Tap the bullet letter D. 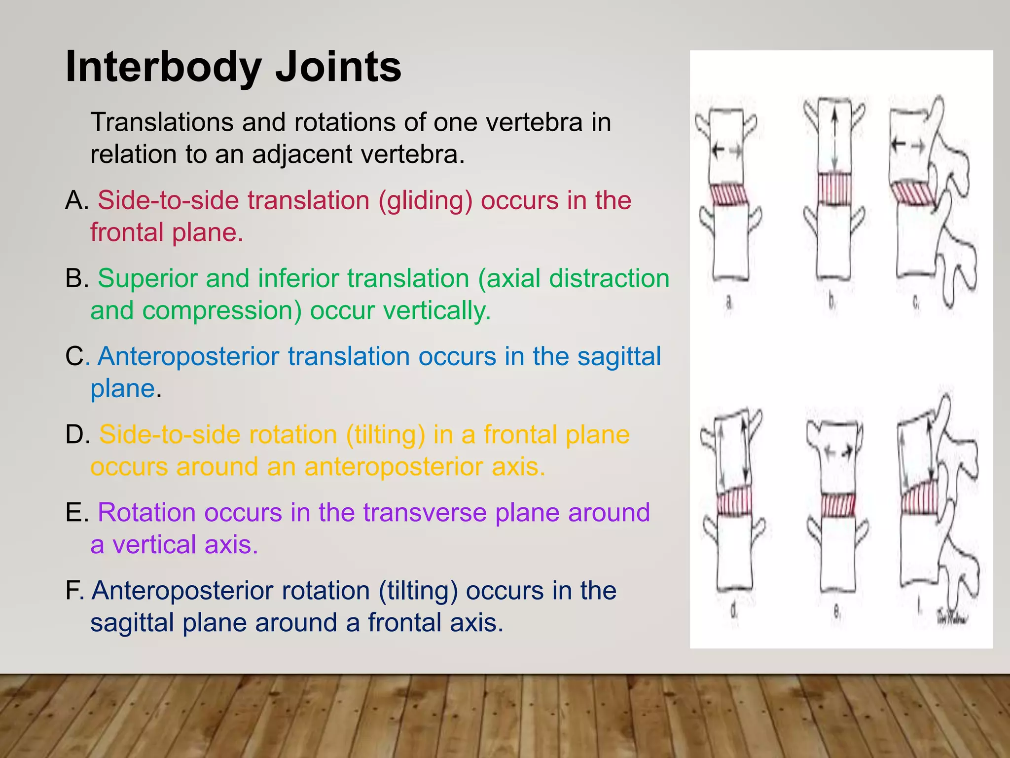(76, 434)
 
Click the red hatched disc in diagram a (729, 194)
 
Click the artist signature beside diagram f (952, 617)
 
